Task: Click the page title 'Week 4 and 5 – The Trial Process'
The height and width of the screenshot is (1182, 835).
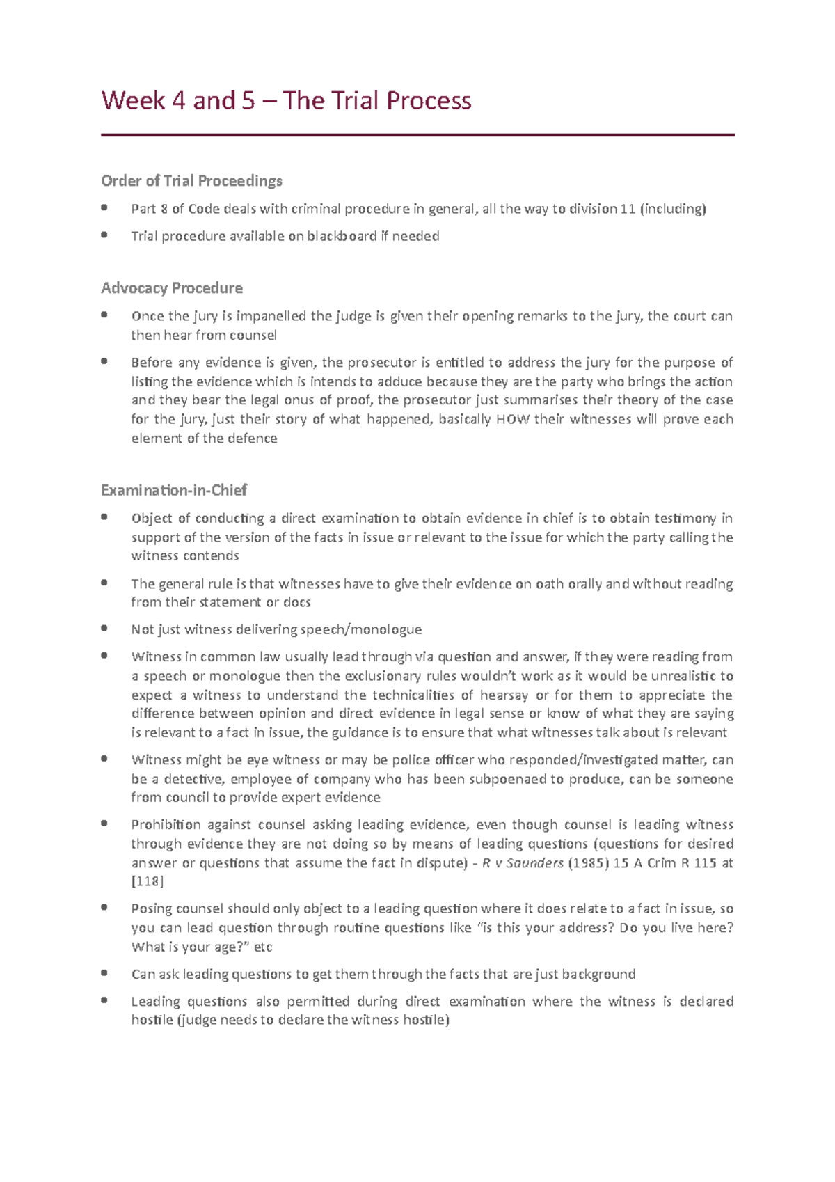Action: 286,101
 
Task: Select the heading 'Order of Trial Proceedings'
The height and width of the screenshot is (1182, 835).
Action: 191,181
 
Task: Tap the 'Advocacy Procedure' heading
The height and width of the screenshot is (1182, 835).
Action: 172,288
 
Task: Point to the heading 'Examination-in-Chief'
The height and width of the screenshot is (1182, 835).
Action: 174,490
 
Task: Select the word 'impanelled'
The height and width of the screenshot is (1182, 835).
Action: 271,316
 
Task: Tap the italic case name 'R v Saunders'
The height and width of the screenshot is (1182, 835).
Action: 523,862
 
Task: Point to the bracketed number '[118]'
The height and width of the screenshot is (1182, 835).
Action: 148,881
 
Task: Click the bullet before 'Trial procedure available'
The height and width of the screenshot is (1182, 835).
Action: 104,235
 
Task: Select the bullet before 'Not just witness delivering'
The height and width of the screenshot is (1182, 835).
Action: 104,629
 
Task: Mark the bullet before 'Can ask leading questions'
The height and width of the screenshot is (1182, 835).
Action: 104,973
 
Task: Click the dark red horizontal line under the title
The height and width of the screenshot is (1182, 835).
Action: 417,135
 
